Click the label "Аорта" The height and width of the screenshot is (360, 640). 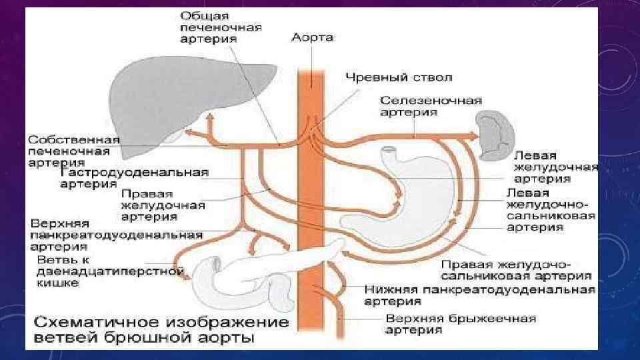[312, 37]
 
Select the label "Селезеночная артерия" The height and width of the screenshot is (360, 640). [431, 106]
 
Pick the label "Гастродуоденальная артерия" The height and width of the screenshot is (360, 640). [134, 177]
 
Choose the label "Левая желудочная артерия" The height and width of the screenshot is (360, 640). [555, 167]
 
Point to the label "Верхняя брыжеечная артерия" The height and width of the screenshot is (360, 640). [460, 324]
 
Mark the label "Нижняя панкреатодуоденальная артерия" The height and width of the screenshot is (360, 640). [480, 295]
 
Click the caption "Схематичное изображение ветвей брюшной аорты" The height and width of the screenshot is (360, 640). [160, 331]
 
